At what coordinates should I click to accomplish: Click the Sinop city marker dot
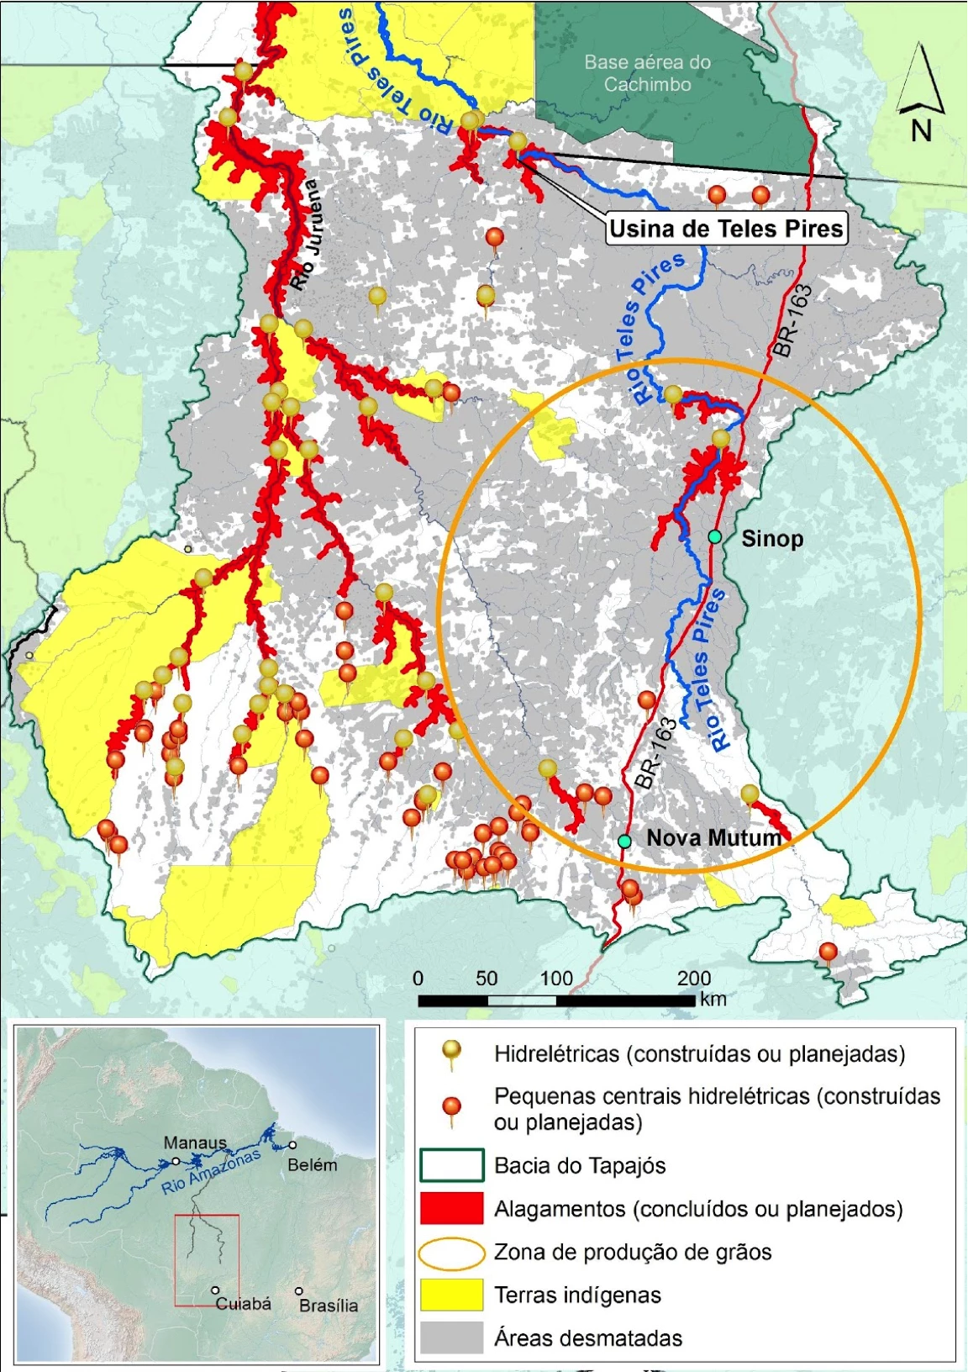pos(714,536)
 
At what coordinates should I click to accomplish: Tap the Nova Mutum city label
pos(713,837)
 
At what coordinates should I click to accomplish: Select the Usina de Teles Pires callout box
pos(726,229)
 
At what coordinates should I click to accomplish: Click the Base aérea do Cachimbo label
pos(647,73)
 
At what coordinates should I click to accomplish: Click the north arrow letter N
pos(921,131)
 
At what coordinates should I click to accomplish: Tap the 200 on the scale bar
pos(694,978)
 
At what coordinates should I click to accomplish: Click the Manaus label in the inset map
pos(195,1142)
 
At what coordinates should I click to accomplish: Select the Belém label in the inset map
pos(312,1165)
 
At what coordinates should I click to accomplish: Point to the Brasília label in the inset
pos(329,1306)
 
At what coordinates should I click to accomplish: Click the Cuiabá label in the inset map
pos(244,1304)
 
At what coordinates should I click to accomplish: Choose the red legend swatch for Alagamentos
pos(451,1208)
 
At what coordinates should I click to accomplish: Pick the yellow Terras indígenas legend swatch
pos(451,1295)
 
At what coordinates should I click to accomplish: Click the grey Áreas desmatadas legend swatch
pos(451,1338)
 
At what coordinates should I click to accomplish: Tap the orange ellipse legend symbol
pos(451,1253)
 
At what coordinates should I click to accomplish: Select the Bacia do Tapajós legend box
pos(451,1165)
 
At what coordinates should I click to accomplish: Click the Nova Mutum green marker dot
pos(624,841)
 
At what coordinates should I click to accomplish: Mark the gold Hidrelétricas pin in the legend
pos(452,1051)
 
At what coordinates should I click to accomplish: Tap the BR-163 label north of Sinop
pos(793,321)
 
